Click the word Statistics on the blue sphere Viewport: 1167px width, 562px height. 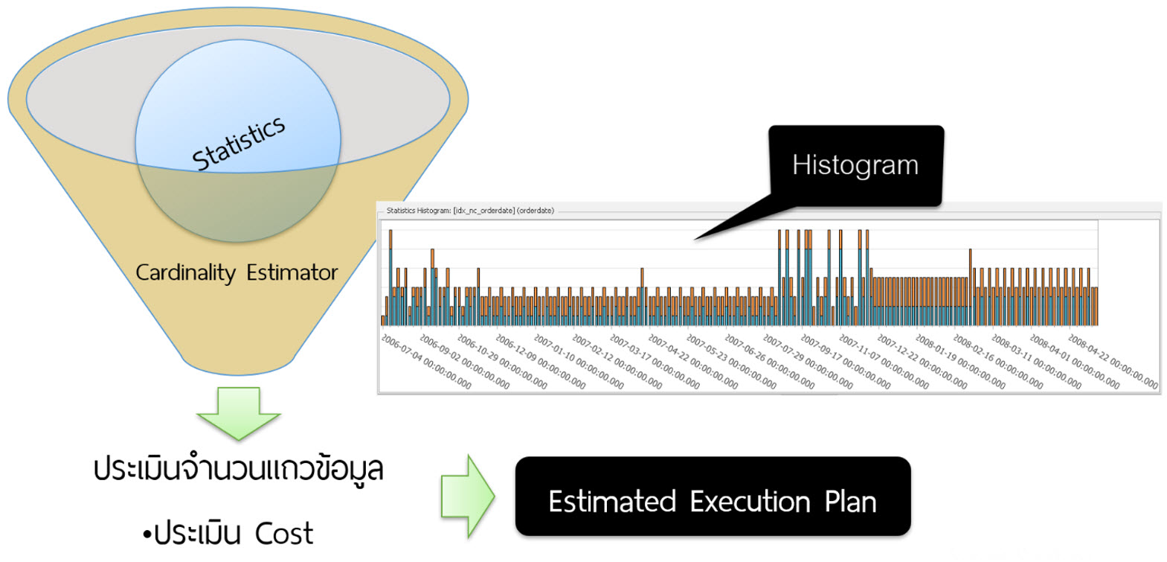click(x=238, y=142)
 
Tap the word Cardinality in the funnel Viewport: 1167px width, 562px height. click(x=184, y=273)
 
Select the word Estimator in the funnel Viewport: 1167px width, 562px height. click(x=292, y=273)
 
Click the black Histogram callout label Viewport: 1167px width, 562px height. click(x=855, y=165)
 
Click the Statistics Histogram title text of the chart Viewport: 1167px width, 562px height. click(x=469, y=211)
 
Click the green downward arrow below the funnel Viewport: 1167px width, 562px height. click(x=238, y=412)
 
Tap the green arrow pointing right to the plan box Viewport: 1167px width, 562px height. click(x=467, y=496)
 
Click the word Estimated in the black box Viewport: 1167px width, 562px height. click(x=611, y=502)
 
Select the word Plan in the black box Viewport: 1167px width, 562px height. click(x=850, y=502)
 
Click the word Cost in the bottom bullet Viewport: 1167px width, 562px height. click(x=283, y=534)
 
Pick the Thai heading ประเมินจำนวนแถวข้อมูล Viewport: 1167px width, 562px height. click(x=238, y=470)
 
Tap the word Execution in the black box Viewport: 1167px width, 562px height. click(x=750, y=502)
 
